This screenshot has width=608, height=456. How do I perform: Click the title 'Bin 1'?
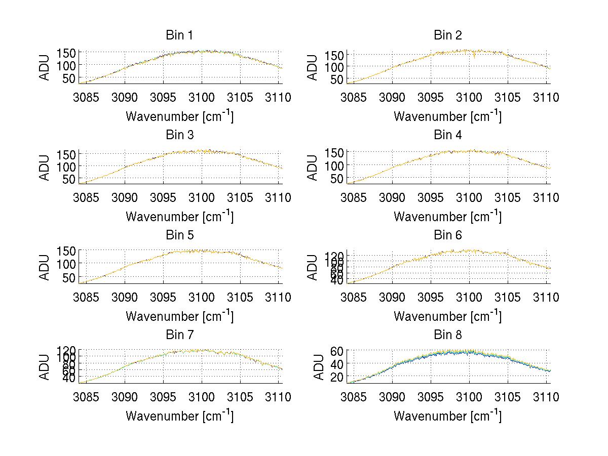(179, 35)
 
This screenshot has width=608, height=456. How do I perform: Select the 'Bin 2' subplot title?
(447, 35)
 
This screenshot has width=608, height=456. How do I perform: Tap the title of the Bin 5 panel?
(179, 235)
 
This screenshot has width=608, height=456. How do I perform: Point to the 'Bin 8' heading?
(447, 335)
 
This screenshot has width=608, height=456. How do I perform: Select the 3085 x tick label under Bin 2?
(353, 98)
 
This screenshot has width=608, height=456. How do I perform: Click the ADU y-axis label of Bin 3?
(45, 167)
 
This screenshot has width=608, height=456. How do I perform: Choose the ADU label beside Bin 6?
(313, 267)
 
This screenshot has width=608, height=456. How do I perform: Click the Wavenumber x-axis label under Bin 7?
(179, 416)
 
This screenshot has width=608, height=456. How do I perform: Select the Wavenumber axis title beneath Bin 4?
(447, 216)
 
